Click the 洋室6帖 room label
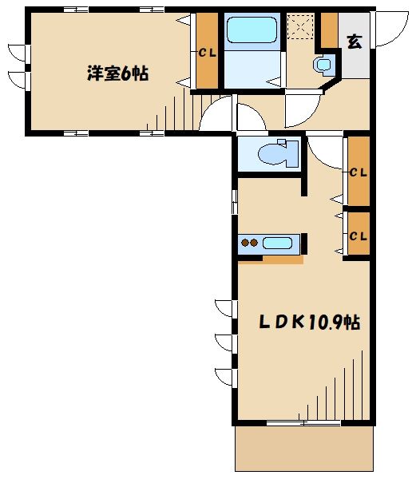117,73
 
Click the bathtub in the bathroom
251,30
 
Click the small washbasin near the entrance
323,64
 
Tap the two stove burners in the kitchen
249,243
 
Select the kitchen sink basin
278,243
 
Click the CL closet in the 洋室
208,52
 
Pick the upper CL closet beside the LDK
358,171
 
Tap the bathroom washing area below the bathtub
251,68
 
